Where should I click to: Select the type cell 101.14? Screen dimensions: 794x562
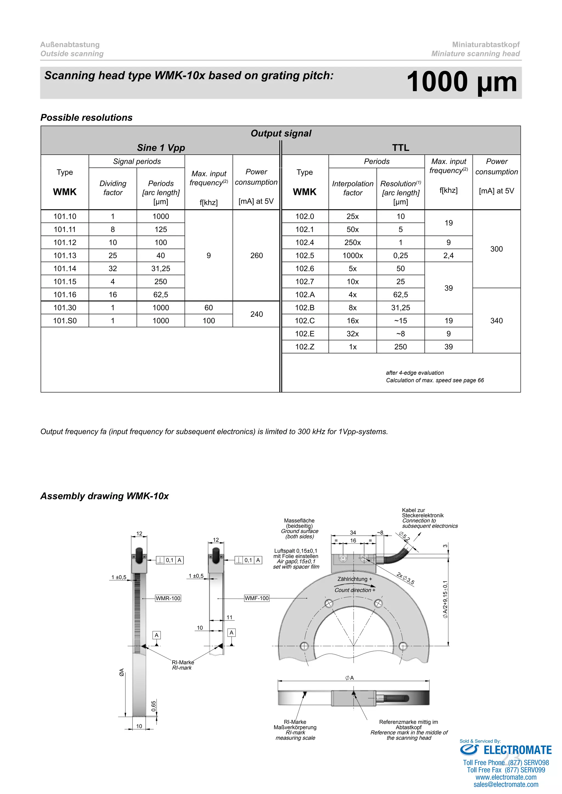tap(65, 268)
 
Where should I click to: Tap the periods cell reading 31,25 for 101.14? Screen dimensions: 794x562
tap(161, 268)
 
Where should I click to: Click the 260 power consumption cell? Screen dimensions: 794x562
tap(256, 256)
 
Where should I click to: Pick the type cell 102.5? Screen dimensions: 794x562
tap(305, 256)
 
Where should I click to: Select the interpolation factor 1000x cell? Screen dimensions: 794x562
tap(352, 256)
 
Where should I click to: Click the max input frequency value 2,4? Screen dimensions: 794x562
tap(448, 256)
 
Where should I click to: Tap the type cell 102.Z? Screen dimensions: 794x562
tap(305, 347)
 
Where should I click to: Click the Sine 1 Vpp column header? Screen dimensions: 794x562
tap(161, 148)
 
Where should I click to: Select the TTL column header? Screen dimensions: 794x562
tap(400, 148)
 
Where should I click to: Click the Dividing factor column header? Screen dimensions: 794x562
tap(113, 188)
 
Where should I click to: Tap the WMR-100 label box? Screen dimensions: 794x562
tap(168, 598)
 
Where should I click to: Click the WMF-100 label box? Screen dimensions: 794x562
tap(256, 598)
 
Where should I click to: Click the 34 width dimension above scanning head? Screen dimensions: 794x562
tap(353, 532)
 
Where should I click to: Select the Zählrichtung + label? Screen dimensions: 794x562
tap(355, 579)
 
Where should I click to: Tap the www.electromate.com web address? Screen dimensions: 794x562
tap(506, 777)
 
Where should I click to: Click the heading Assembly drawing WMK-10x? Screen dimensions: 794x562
tap(105, 496)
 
